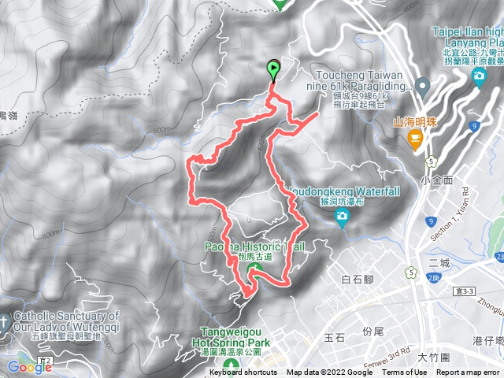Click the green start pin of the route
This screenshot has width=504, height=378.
(273, 69)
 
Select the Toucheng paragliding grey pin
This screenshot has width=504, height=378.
(421, 86)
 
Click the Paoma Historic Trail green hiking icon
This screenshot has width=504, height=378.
(254, 272)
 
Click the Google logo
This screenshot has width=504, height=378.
(30, 367)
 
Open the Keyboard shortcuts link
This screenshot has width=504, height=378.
(243, 372)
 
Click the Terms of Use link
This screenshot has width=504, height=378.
(404, 372)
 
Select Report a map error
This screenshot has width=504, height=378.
(469, 372)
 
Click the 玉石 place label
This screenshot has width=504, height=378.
(335, 337)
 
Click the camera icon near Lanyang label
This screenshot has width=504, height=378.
(479, 76)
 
